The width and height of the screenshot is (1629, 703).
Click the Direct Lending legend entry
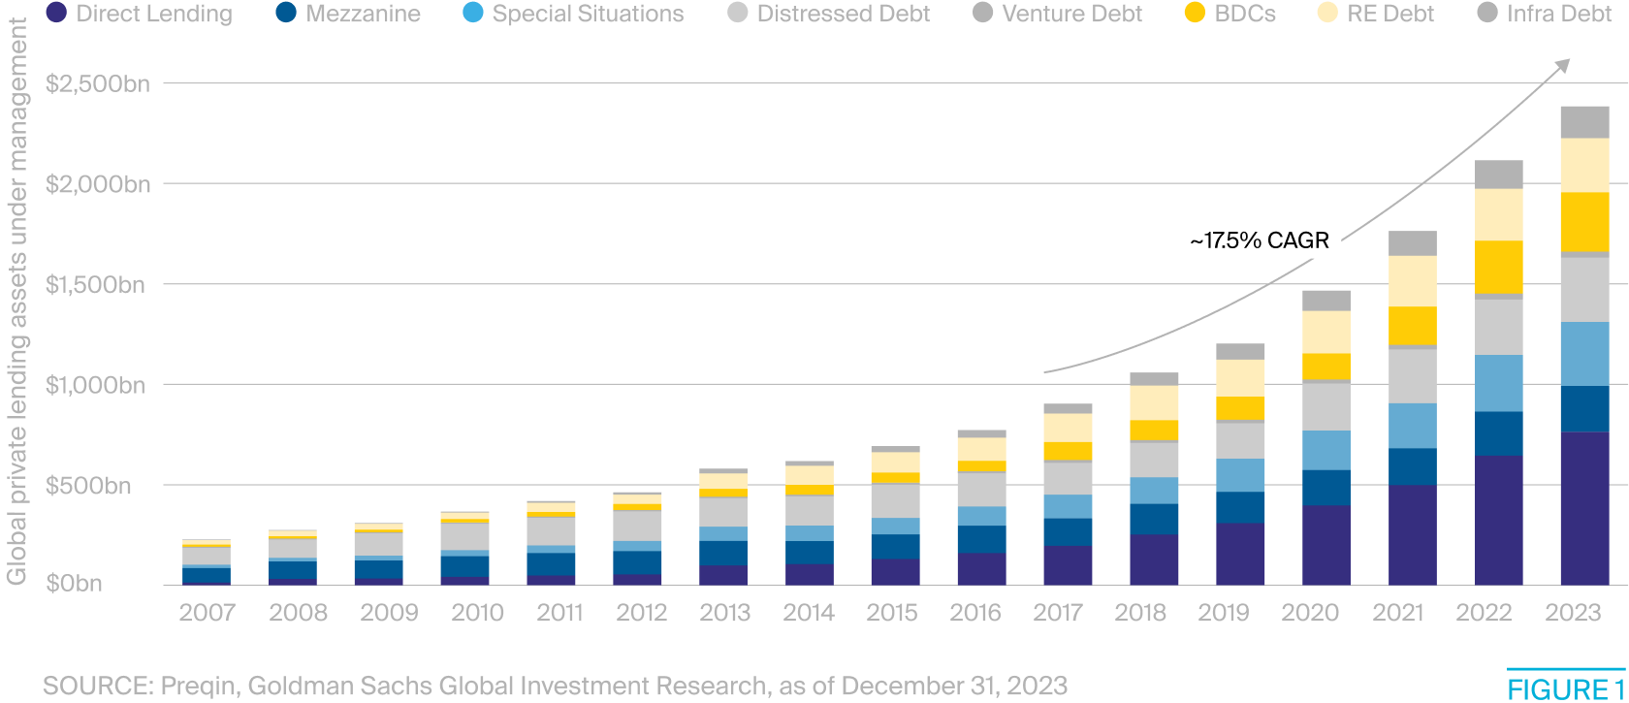click(141, 14)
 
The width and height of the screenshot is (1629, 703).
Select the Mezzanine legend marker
click(286, 14)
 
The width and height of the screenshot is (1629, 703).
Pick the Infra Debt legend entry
click(1547, 14)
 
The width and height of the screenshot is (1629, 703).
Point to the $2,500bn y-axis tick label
click(98, 84)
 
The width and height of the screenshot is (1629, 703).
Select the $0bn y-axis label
click(75, 584)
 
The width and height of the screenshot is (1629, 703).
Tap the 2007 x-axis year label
click(207, 613)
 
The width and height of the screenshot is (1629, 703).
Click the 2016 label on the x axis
click(974, 613)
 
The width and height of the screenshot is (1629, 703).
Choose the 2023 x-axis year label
click(1573, 613)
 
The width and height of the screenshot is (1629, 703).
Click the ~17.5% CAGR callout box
click(1259, 240)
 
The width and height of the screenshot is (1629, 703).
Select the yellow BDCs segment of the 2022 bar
click(1498, 267)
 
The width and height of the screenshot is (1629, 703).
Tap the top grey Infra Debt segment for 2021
click(1412, 242)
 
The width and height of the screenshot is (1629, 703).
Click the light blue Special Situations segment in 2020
click(1326, 450)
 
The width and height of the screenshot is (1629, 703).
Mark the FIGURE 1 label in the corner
click(1565, 689)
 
